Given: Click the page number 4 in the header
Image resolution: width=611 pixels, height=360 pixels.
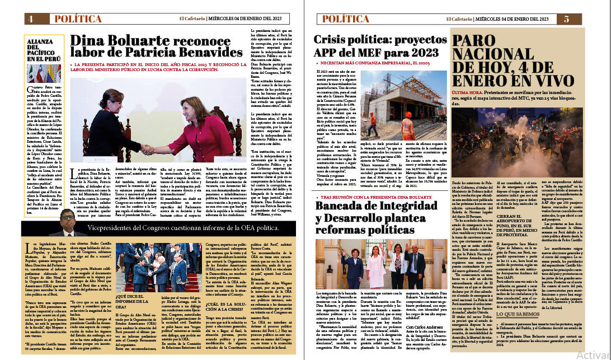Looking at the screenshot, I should click(30, 18).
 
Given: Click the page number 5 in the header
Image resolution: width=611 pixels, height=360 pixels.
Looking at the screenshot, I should click(566, 18).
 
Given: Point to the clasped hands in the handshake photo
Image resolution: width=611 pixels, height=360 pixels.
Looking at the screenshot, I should click(147, 150).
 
